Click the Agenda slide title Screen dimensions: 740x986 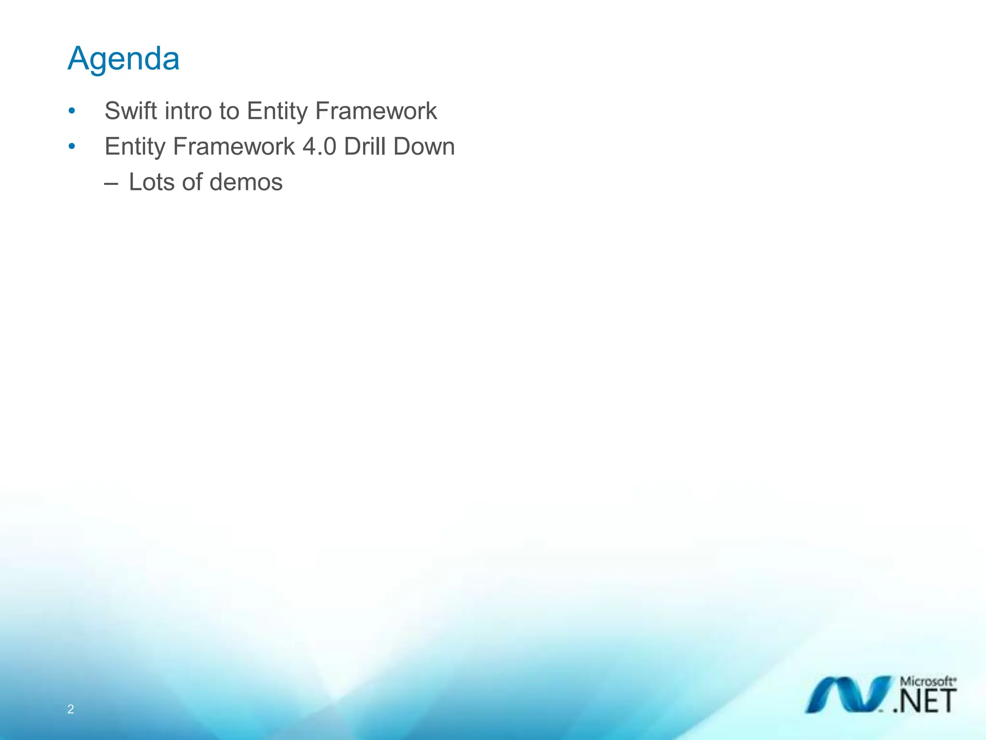click(123, 59)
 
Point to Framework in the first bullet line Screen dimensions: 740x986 click(376, 111)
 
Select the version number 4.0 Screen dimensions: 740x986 click(319, 146)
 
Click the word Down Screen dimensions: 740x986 click(424, 146)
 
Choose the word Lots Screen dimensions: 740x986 click(152, 182)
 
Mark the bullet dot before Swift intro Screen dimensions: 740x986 click(72, 111)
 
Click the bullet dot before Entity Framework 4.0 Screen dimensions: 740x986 click(72, 146)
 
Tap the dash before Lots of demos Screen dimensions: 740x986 click(111, 184)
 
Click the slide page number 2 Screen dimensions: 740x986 click(71, 709)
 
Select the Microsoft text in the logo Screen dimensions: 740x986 click(928, 682)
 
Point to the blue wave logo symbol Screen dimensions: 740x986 click(847, 695)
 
